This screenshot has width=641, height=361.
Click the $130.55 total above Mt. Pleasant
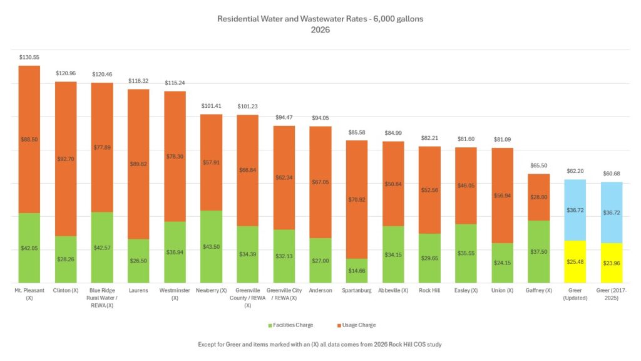(x=29, y=56)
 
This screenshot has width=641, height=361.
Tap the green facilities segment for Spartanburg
(x=357, y=271)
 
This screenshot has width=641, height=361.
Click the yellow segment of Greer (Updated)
(x=575, y=261)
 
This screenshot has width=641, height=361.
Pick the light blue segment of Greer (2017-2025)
(x=612, y=212)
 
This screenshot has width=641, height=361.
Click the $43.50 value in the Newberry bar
(x=212, y=248)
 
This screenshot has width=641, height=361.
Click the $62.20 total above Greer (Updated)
(x=575, y=170)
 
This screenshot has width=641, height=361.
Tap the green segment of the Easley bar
(x=466, y=253)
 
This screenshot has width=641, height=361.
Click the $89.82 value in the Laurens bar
(x=138, y=164)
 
